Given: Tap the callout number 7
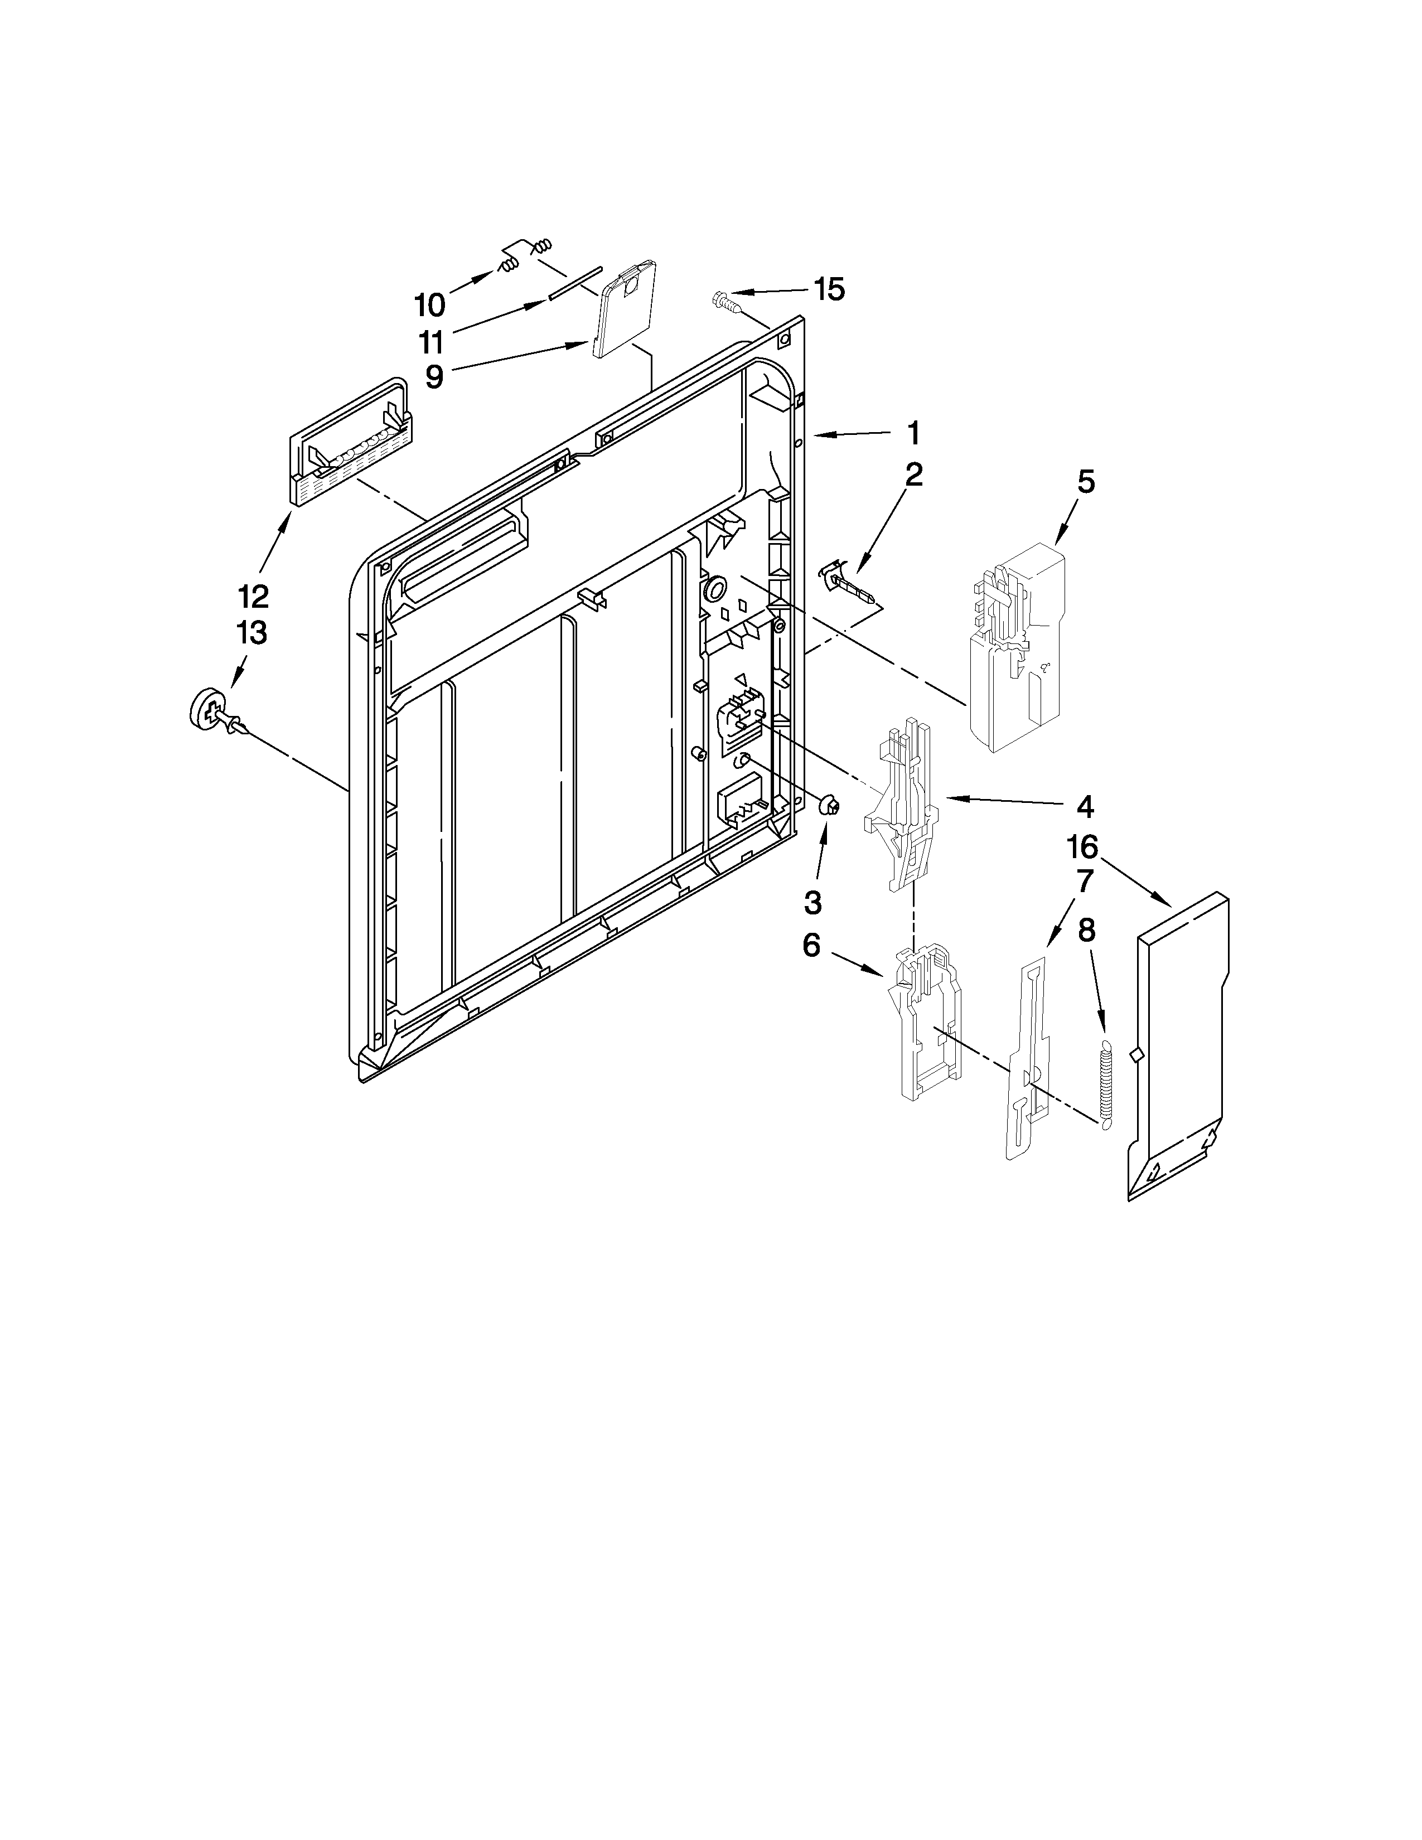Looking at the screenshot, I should pyautogui.click(x=1084, y=882).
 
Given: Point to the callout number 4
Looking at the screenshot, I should pyautogui.click(x=1084, y=806).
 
